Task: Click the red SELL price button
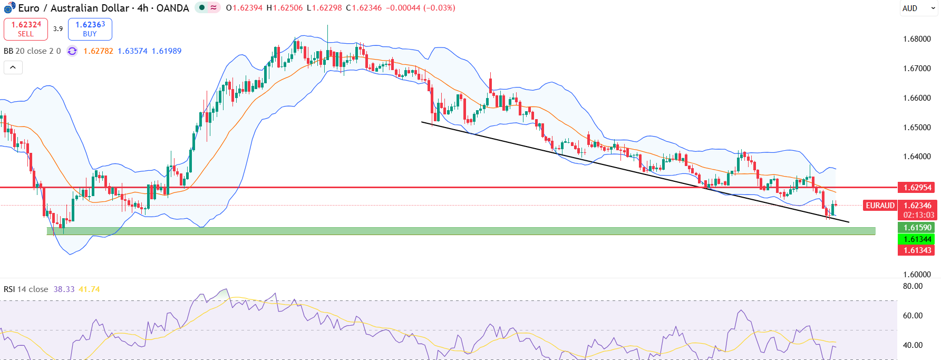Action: [x=26, y=29]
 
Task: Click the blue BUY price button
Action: [x=90, y=29]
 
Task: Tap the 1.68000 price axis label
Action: [x=917, y=39]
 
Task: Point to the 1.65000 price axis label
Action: [x=917, y=128]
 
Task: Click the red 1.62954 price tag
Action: [x=917, y=188]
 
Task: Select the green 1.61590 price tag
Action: [x=917, y=228]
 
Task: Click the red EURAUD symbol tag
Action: [x=880, y=206]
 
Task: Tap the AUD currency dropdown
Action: [x=918, y=8]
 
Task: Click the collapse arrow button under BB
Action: [x=13, y=67]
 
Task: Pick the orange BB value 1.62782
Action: [x=98, y=51]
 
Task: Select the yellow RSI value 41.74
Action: [x=89, y=289]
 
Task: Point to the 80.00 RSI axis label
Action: [x=913, y=286]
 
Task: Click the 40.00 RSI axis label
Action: [x=913, y=345]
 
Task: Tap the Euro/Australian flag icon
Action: [x=9, y=8]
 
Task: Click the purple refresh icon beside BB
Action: [x=72, y=51]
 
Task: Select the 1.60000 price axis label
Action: [x=917, y=275]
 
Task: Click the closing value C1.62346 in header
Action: [x=364, y=8]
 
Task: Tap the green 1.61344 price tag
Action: [x=917, y=239]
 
